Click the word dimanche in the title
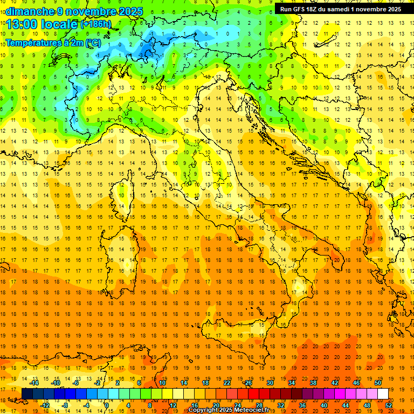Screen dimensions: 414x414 pos(30,11)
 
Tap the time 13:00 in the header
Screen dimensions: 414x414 pos(24,25)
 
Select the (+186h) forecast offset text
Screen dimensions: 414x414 pos(96,24)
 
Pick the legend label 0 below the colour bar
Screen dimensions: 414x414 pos(107,405)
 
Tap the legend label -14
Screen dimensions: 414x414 pos(34,383)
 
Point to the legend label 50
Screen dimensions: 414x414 pos(377,383)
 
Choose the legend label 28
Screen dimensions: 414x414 pos(259,405)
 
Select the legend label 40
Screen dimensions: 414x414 pos(323,405)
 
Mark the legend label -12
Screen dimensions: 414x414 pos(45,405)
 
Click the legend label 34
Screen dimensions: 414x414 pos(291,383)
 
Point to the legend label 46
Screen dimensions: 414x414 pos(356,383)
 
